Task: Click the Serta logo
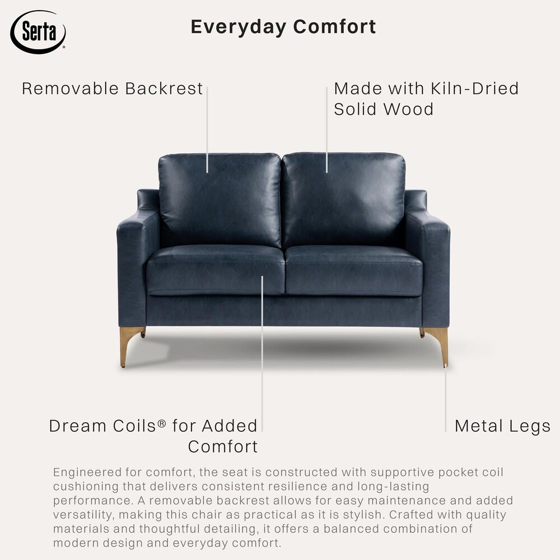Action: [38, 31]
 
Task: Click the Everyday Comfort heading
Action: [283, 27]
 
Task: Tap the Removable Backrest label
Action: [112, 88]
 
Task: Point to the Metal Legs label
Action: [502, 426]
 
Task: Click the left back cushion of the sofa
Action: [220, 199]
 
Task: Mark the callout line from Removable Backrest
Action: [207, 129]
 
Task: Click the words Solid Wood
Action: [384, 109]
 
